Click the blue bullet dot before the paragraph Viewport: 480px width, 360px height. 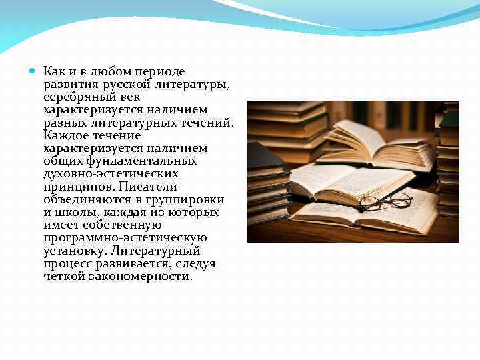point(34,70)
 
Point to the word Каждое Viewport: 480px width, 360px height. point(65,135)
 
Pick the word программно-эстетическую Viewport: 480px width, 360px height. point(125,238)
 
